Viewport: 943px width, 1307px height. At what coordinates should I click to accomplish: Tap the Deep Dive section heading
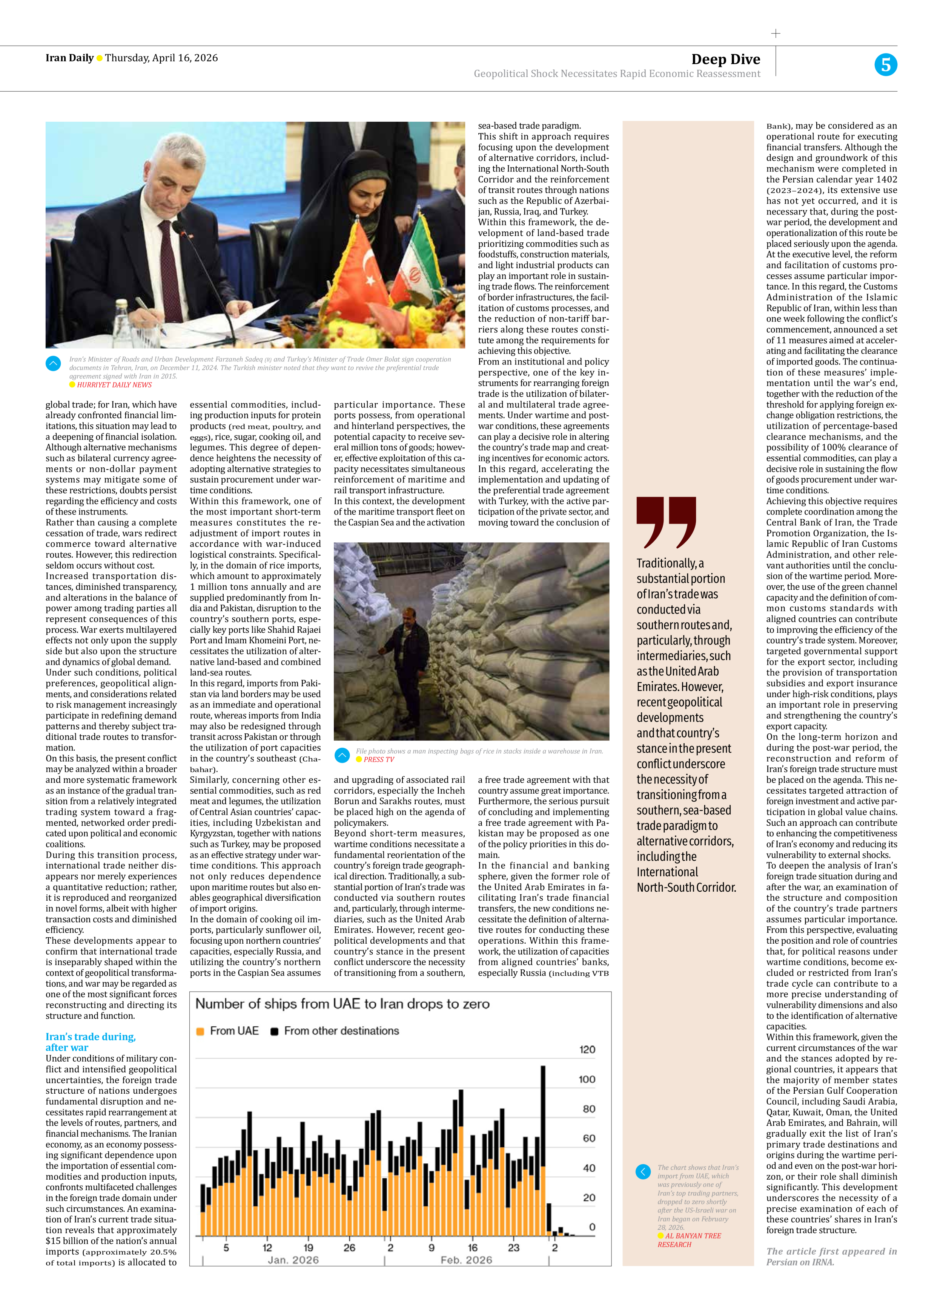(726, 59)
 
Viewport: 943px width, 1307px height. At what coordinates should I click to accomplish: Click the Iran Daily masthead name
(69, 58)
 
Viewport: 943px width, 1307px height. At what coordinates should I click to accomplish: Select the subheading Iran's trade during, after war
(91, 1042)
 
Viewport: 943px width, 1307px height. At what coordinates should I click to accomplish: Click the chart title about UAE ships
(342, 1004)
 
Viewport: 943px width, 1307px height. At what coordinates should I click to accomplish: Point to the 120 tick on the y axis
(587, 1049)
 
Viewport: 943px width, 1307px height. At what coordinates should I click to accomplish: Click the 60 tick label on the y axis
(589, 1138)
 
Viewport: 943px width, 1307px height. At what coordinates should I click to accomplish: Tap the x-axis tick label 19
(308, 1248)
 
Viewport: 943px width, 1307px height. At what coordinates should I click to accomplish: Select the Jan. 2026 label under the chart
(293, 1260)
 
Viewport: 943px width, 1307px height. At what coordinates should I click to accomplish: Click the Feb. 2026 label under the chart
(466, 1260)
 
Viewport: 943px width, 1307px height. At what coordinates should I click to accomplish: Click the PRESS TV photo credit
(378, 759)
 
